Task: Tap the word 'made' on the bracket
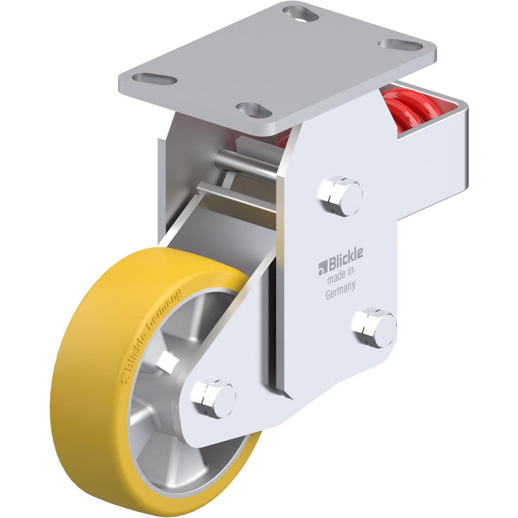point(335,280)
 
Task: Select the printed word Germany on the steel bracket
point(340,292)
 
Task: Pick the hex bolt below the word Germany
point(374,327)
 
